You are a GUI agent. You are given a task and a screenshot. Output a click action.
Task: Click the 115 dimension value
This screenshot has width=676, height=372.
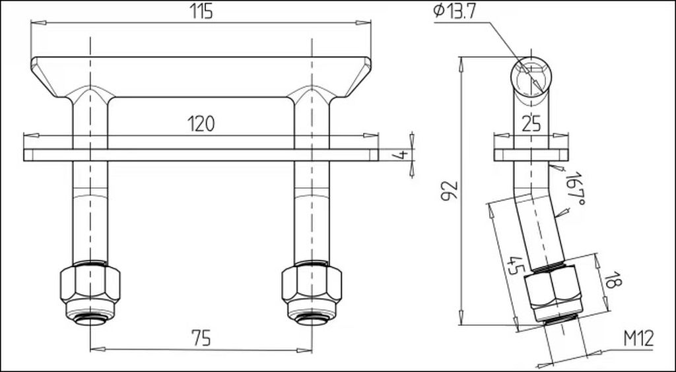pos(201,12)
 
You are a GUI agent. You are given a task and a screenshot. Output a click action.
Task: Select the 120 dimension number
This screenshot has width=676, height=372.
pos(201,124)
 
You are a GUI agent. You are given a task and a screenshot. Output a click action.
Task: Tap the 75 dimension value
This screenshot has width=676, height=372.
pos(201,339)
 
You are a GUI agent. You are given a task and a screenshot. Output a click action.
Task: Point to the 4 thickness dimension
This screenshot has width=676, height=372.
pos(401,154)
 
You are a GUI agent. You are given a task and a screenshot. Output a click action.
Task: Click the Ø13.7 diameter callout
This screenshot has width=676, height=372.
pos(455,12)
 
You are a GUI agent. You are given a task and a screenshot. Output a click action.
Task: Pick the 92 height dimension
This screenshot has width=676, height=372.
pos(449,191)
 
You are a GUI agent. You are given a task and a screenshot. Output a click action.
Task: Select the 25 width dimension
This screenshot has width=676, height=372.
pos(531,125)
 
